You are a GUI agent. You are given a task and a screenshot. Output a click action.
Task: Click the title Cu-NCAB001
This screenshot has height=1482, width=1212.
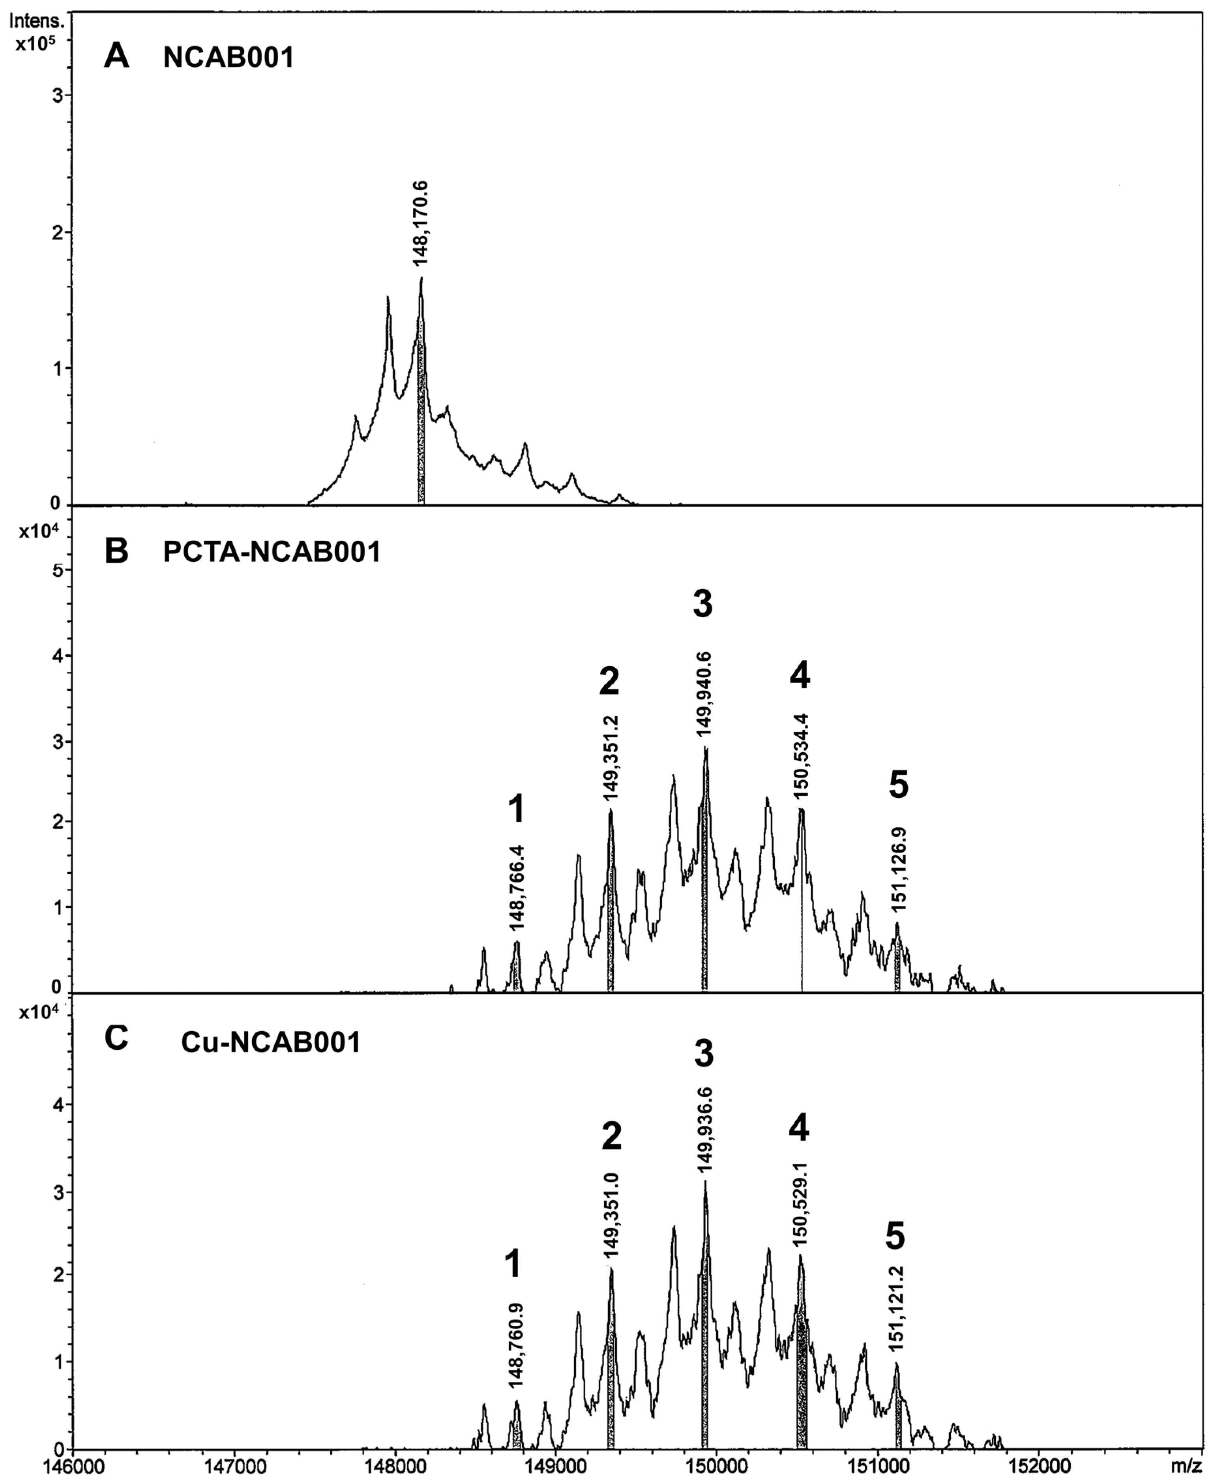(271, 1043)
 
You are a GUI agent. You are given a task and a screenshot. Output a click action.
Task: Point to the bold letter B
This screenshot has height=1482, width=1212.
(116, 551)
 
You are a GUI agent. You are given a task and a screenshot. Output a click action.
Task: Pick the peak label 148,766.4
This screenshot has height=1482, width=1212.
(517, 887)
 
